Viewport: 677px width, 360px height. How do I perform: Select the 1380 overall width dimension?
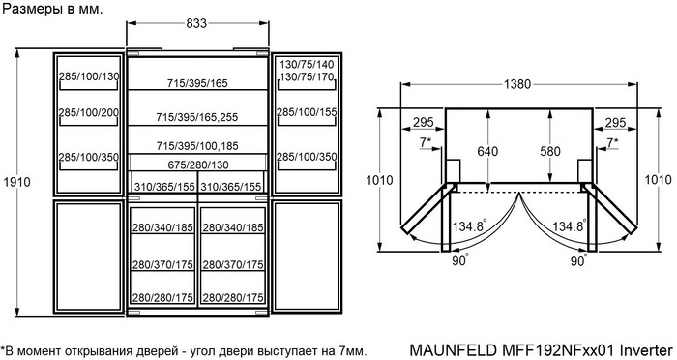coord(518,84)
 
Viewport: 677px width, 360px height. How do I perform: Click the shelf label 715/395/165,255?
coord(198,117)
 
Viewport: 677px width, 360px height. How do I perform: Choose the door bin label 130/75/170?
coord(308,76)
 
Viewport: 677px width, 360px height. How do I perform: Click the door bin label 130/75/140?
coord(308,64)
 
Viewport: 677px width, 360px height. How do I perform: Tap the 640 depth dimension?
coord(489,151)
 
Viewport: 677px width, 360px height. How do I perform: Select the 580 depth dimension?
coord(549,151)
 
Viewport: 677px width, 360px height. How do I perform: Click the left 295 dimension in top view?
coord(422,123)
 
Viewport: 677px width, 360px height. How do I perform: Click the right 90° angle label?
coord(578,260)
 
